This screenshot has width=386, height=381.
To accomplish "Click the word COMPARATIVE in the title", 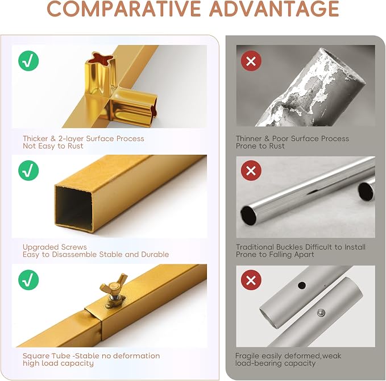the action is pos(124,9).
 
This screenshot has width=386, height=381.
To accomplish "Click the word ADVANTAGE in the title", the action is pos(275,9).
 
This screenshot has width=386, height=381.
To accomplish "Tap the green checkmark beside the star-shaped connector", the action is pos(28,61).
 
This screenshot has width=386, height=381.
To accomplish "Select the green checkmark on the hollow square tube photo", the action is pos(28,171).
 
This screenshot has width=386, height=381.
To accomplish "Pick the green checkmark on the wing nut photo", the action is pos(28,280).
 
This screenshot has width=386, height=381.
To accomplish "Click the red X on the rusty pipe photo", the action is pos(251,61).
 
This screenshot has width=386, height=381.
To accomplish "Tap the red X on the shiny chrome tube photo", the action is pos(251,171).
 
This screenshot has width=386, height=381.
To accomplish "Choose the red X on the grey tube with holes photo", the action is pos(251,280).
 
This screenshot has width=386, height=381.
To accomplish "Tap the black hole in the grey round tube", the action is pos(302,285).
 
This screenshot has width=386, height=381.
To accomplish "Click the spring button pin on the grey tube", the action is pos(321,313).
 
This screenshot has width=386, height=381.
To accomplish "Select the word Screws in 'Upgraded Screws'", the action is pos(74,247).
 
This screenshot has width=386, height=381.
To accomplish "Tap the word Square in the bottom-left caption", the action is pos(36,357).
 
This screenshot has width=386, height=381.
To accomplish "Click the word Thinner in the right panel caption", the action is pos(248,138).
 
